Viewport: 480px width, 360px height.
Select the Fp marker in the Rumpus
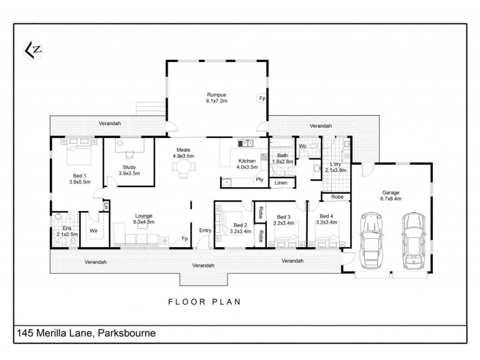(262, 98)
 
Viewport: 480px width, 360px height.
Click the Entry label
(205, 230)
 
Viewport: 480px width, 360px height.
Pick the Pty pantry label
(259, 179)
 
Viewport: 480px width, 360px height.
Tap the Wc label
(303, 145)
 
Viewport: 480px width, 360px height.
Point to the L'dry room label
(336, 167)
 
